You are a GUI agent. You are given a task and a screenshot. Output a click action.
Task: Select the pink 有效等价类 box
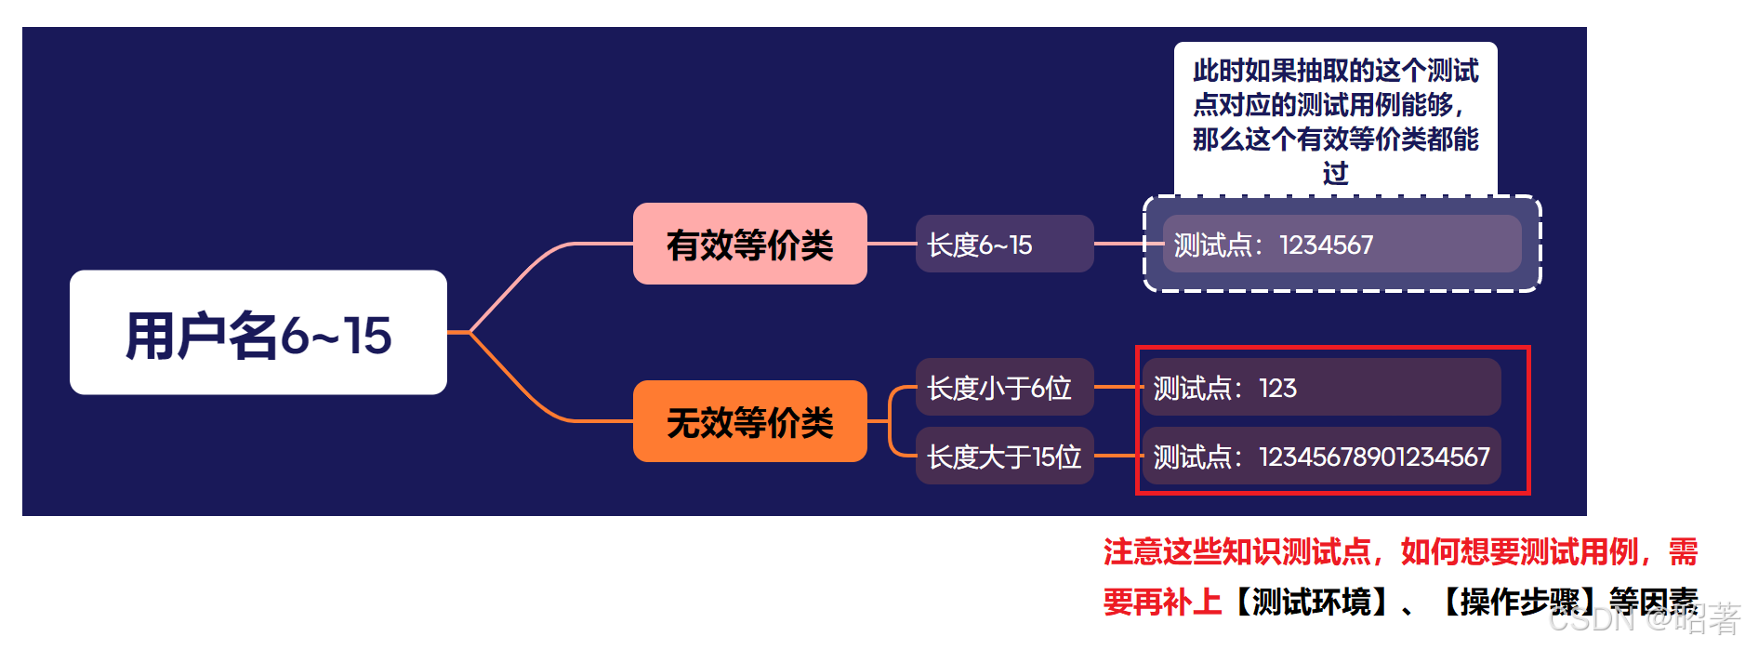click(x=749, y=244)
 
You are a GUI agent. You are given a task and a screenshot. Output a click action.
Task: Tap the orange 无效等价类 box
click(x=749, y=421)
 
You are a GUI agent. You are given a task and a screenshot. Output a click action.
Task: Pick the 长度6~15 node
click(x=1004, y=244)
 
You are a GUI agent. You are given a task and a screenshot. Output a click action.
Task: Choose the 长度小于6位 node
click(x=1004, y=387)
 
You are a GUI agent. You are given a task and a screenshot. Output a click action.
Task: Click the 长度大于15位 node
click(x=1004, y=456)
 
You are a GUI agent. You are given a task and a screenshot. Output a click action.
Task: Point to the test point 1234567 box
click(x=1341, y=244)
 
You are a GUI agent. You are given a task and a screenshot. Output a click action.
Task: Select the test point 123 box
click(x=1320, y=387)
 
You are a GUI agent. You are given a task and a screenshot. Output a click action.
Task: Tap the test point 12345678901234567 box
click(x=1320, y=456)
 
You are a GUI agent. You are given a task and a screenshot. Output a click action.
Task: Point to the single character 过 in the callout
click(x=1335, y=173)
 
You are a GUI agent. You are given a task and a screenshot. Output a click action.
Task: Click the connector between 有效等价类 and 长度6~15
click(x=891, y=244)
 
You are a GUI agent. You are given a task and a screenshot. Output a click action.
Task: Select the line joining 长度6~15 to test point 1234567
click(x=1119, y=244)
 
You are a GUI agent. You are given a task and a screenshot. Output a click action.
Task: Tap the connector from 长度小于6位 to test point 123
click(x=1117, y=387)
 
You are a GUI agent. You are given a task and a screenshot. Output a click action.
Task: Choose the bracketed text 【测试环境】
click(x=1311, y=602)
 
